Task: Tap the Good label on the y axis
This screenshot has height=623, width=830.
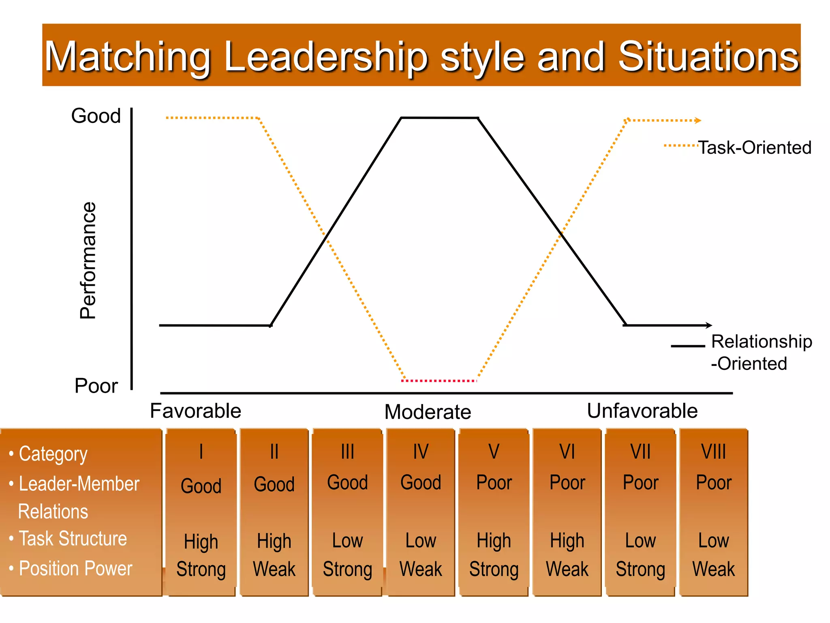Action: point(96,116)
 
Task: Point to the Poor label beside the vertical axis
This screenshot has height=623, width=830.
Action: point(96,386)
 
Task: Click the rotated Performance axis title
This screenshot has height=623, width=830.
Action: point(88,260)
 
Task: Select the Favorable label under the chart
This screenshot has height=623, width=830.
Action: point(195,411)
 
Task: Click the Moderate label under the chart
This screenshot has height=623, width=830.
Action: point(428,412)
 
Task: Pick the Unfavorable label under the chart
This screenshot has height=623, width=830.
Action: point(642,411)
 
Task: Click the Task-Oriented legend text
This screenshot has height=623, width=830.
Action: point(755,148)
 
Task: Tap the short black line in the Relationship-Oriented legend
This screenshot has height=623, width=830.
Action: point(688,346)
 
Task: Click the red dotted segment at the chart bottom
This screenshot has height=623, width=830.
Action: point(439,381)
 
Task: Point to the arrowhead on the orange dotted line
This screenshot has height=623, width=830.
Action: point(698,120)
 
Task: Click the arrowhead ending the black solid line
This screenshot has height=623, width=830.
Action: point(709,325)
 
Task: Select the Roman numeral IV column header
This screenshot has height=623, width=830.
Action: point(421,452)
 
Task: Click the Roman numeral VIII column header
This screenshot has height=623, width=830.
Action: point(713,452)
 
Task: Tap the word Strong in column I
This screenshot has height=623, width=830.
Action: point(201,569)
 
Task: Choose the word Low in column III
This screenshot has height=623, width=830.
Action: point(347,541)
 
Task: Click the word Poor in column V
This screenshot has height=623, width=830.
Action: point(494,483)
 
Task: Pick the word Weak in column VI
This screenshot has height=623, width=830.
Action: point(567,569)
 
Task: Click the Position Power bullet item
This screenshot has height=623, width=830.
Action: point(76,568)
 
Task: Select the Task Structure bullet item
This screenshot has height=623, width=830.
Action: point(73,539)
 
